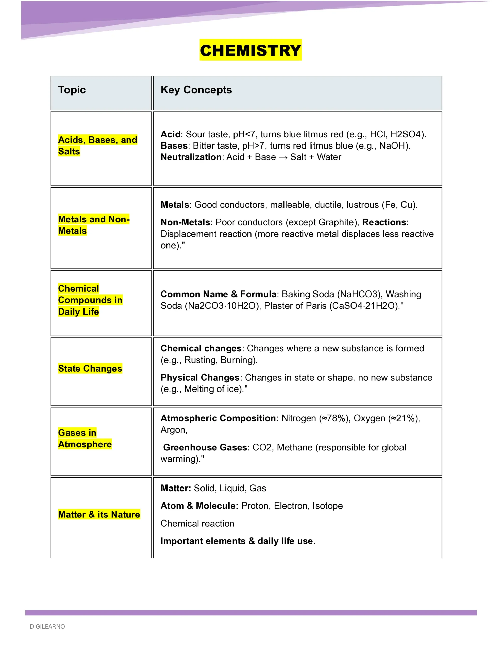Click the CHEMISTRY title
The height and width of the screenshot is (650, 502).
250,50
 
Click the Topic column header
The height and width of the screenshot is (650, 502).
72,90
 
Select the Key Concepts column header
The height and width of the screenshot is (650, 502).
196,90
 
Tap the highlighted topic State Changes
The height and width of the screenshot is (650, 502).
90,368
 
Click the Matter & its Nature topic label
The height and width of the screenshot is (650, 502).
99,514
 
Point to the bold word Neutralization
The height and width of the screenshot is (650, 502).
191,157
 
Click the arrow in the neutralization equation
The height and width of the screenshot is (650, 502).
283,157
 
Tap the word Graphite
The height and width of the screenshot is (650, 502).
338,222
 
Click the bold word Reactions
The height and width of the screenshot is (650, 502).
384,222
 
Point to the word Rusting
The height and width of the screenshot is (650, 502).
200,360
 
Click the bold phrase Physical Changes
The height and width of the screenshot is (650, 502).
200,378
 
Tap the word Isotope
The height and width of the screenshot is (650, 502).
327,506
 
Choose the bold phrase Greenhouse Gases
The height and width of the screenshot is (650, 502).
205,448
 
